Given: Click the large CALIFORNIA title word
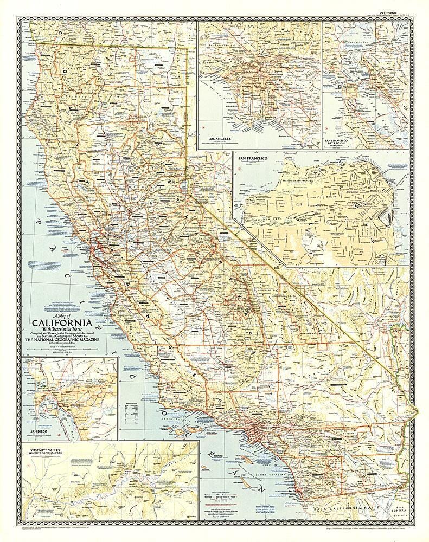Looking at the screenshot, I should pos(82,319).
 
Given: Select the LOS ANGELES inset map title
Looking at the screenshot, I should pos(216,139).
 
